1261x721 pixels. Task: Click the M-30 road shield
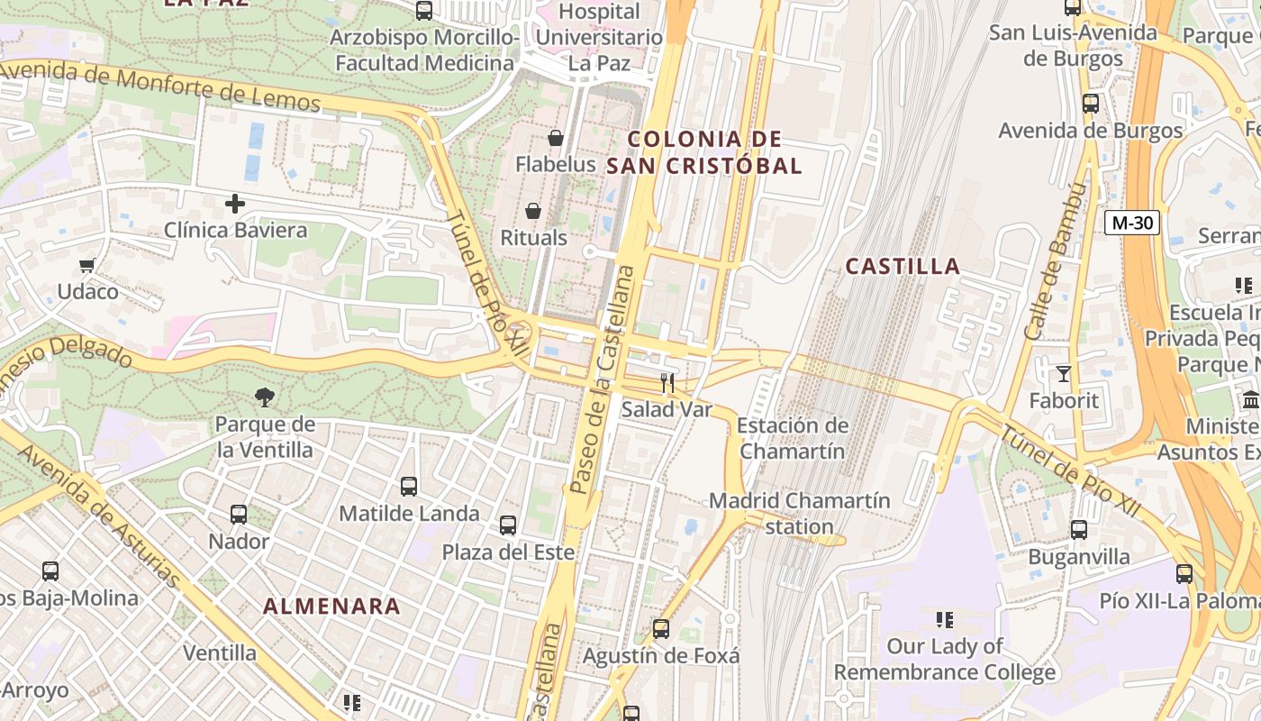click(1132, 223)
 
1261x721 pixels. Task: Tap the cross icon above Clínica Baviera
click(235, 204)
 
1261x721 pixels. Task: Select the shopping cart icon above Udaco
click(87, 265)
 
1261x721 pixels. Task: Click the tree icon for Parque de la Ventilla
click(265, 397)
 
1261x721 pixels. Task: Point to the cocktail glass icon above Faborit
click(1064, 373)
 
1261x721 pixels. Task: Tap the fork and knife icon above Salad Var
click(667, 383)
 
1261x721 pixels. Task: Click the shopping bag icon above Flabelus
click(556, 138)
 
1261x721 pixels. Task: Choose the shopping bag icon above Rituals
click(533, 212)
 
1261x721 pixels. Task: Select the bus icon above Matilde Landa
click(409, 487)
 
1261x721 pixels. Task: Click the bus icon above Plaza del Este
click(508, 525)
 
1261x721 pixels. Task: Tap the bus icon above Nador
click(239, 515)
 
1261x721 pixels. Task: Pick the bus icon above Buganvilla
click(1079, 530)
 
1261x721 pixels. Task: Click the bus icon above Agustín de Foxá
click(661, 629)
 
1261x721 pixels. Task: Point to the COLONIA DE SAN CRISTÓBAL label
click(704, 152)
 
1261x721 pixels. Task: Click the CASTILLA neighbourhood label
click(903, 266)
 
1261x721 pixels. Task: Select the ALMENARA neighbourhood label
click(331, 607)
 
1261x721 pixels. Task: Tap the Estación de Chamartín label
click(793, 438)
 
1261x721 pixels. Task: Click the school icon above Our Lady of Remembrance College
click(945, 619)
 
